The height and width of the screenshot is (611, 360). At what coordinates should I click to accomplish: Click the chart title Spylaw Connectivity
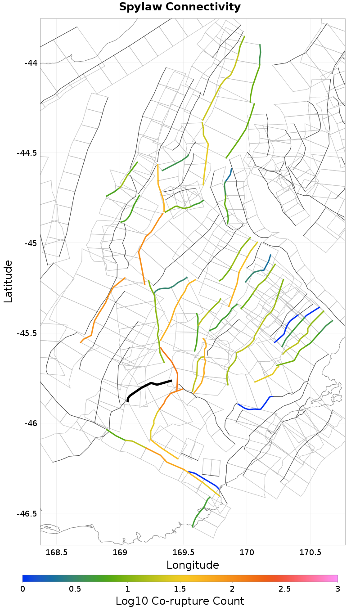point(180,7)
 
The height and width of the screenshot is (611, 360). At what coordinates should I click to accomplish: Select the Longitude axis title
point(193,565)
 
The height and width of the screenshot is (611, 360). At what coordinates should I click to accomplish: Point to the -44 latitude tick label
point(31,63)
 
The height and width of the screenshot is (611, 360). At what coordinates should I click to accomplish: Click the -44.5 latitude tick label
point(27,153)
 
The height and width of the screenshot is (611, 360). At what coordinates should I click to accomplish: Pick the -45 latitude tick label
point(31,243)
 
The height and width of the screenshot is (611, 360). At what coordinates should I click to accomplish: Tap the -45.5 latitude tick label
point(27,333)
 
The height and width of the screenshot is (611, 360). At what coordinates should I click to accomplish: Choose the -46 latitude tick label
point(31,423)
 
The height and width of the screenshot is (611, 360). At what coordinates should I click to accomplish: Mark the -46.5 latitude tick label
point(27,514)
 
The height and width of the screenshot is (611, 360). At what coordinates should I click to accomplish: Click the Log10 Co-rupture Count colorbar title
point(180,601)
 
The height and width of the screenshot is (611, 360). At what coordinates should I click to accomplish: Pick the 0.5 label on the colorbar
point(75,589)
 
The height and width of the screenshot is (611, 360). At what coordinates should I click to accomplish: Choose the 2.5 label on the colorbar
point(285,589)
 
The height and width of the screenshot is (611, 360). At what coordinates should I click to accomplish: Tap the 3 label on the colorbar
point(337,589)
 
